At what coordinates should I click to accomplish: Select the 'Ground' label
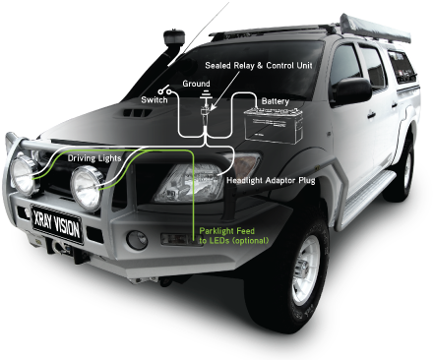point(201,85)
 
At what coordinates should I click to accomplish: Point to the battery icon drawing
point(273,125)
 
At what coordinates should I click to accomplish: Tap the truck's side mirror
point(350,91)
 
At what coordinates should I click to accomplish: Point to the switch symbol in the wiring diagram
point(173,90)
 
